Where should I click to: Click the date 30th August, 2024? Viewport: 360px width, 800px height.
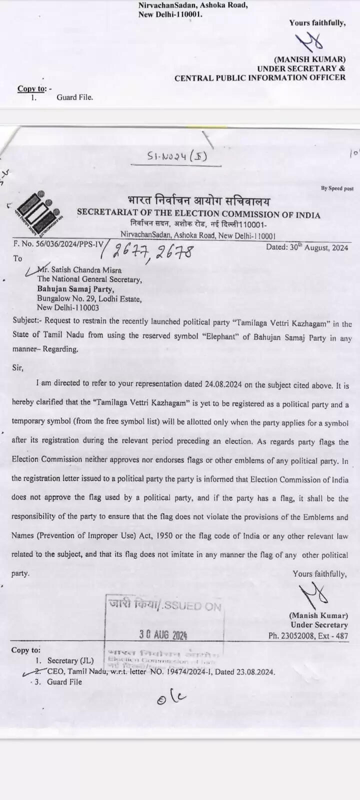307,247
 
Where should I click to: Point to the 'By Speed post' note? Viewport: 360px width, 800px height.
337,188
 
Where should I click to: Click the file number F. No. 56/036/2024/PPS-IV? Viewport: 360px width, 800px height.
58,244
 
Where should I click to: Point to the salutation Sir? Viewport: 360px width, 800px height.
17,367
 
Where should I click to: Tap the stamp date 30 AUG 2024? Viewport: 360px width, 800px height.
163,635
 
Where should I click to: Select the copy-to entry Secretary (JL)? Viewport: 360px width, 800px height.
70,661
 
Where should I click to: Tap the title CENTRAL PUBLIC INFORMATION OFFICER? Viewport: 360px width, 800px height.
260,77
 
